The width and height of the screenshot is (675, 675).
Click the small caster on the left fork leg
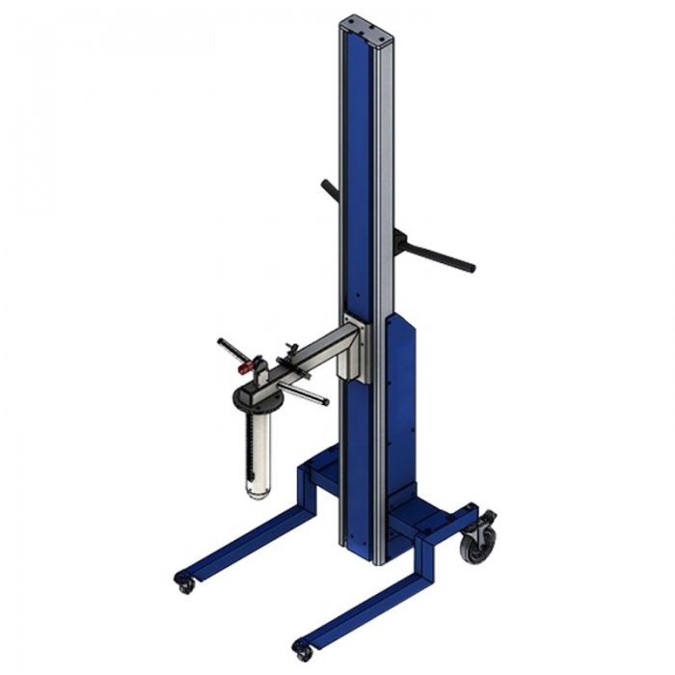coord(184,582)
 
